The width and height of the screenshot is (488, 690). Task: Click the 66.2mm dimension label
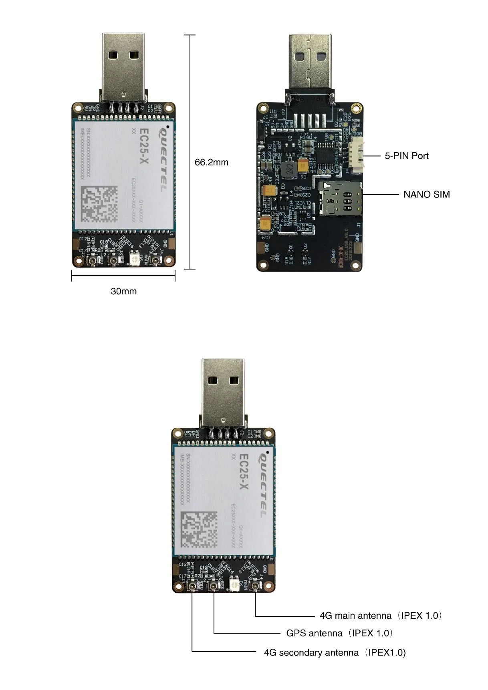(211, 162)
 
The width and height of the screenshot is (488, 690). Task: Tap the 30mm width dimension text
(123, 291)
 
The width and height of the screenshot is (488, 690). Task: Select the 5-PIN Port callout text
(406, 156)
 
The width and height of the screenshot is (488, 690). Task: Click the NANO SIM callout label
(426, 194)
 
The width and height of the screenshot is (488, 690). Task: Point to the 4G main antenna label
(381, 615)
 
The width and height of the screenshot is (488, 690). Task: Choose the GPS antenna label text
(339, 633)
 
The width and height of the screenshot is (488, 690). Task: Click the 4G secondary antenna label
(335, 652)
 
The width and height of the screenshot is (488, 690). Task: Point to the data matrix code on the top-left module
(99, 204)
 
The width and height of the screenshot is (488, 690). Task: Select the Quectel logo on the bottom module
(264, 484)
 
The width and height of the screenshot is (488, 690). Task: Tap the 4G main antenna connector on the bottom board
(255, 587)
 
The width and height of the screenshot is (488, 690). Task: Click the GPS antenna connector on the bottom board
(214, 587)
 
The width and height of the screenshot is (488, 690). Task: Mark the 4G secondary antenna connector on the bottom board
(192, 587)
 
